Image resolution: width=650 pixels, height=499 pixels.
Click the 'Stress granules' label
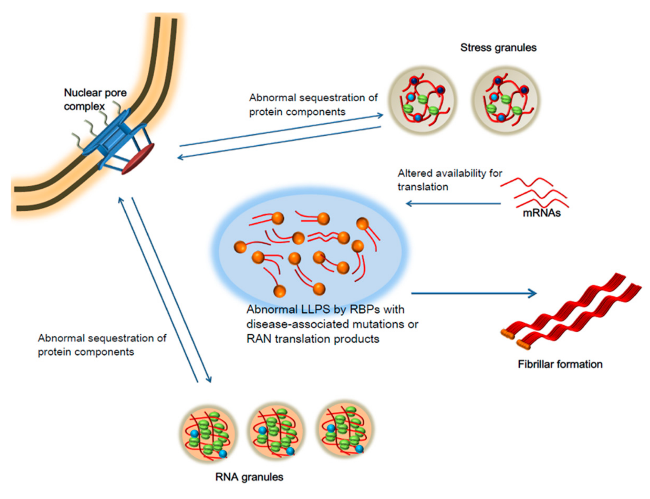[498, 47]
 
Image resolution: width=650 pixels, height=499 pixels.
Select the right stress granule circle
[505, 100]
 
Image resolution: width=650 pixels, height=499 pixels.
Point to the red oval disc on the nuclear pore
[138, 159]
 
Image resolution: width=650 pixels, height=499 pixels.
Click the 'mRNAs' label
[541, 213]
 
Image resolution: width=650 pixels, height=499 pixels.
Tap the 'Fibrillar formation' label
[560, 364]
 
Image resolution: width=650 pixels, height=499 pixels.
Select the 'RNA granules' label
[249, 477]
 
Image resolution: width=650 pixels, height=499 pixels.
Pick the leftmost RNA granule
[208, 434]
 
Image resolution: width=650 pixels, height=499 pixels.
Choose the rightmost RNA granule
[345, 430]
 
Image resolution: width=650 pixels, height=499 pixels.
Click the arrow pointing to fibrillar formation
[474, 294]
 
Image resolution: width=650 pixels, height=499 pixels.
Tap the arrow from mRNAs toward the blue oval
[453, 204]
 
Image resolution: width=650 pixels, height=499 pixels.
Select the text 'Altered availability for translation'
[449, 180]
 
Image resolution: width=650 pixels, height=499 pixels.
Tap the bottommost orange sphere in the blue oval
[279, 291]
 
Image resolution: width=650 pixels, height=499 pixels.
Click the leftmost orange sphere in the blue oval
[240, 247]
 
